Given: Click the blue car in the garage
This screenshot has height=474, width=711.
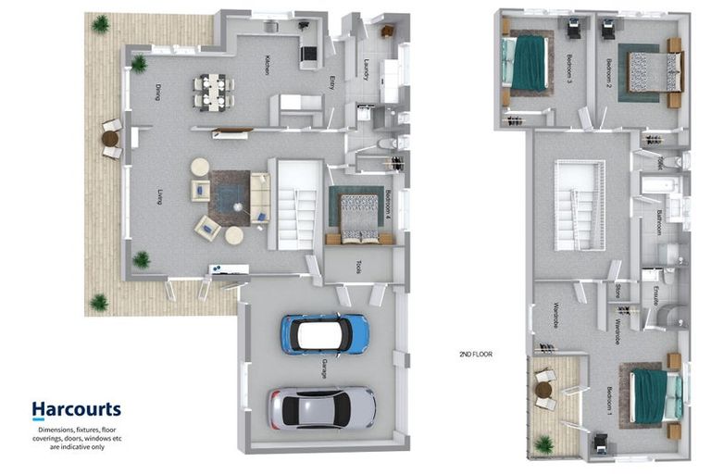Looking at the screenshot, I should (x=325, y=334).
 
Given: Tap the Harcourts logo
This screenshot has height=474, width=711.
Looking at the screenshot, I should (x=76, y=409).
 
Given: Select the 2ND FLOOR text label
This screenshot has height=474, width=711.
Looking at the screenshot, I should (x=478, y=354).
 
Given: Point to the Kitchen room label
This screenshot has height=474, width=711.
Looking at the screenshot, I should (x=267, y=65).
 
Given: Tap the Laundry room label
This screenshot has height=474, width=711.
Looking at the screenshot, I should (x=367, y=70).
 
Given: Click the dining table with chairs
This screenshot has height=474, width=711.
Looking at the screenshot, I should (x=214, y=92).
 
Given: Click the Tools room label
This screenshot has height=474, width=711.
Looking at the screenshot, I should (x=358, y=267).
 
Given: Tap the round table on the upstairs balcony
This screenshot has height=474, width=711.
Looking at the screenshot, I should (x=543, y=390).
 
